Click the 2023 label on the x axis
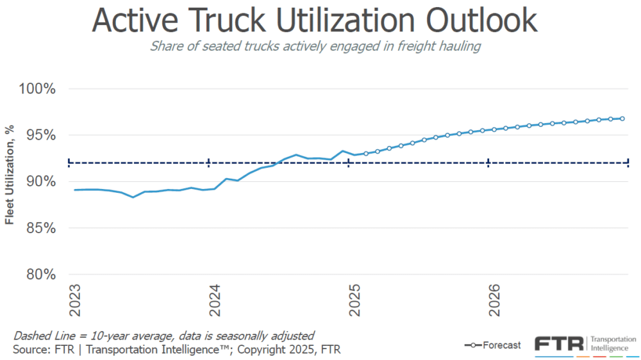click(75, 300)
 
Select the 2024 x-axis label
click(215, 300)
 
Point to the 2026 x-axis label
click(494, 300)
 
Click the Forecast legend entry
click(492, 345)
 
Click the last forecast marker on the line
click(622, 119)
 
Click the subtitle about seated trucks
click(314, 46)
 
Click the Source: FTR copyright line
click(176, 349)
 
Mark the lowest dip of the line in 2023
click(133, 197)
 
